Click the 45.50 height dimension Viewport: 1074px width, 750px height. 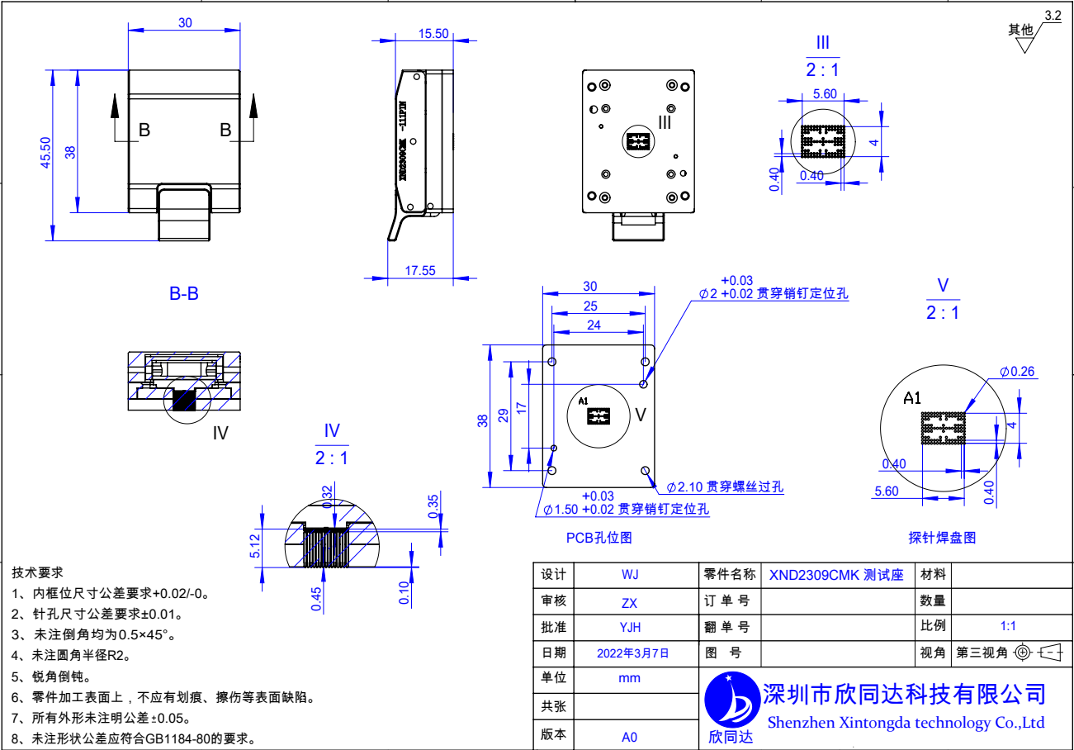point(46,153)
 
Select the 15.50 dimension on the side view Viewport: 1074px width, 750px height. point(433,34)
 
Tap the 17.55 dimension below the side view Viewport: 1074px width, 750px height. point(420,270)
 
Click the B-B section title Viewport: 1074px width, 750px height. point(183,293)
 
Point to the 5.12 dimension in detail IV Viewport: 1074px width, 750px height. point(255,546)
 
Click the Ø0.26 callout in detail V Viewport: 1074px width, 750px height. point(1017,372)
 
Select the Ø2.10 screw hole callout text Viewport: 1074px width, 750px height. point(725,487)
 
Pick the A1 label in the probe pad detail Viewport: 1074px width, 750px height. point(912,399)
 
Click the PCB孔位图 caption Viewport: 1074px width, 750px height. point(599,538)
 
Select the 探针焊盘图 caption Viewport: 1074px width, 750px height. point(942,538)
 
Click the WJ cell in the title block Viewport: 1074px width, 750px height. point(630,575)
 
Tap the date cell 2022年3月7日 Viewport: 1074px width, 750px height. point(632,653)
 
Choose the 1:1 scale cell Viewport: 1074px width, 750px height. point(1008,626)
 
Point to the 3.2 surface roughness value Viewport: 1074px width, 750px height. point(1053,16)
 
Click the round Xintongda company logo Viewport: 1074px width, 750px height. point(731,700)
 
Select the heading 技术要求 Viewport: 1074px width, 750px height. point(37,572)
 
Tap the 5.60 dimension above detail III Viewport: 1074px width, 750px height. point(824,94)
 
